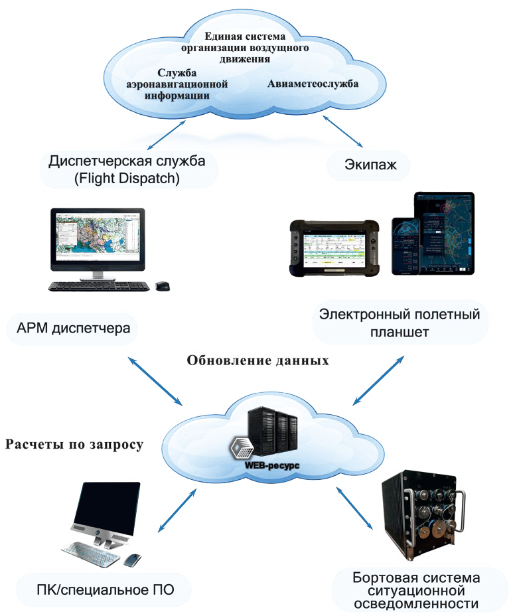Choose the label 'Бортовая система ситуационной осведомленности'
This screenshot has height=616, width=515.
tap(417, 589)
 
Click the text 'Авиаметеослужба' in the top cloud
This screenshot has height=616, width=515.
tap(313, 84)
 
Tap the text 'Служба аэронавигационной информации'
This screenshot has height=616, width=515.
tap(177, 84)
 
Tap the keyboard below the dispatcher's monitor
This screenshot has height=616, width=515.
tap(98, 287)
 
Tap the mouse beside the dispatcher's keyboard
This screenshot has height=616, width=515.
tap(162, 285)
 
